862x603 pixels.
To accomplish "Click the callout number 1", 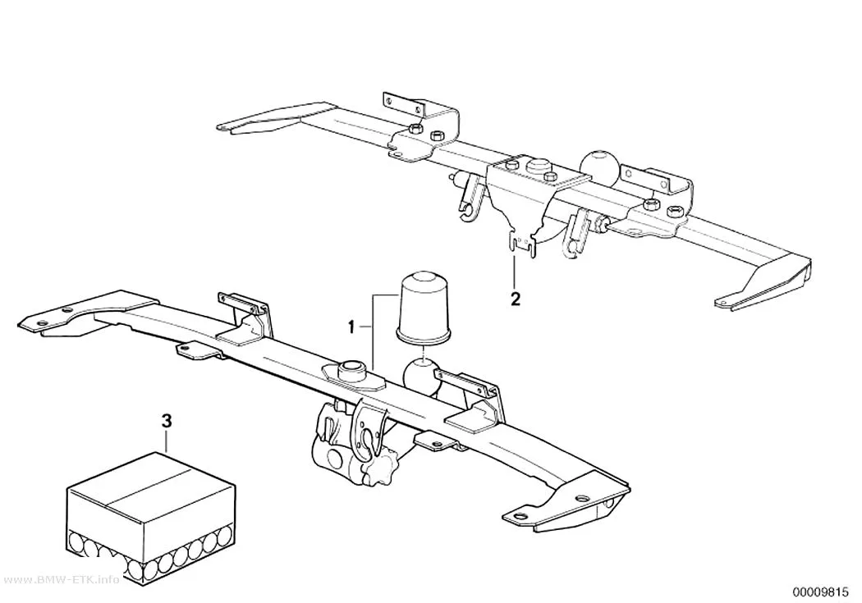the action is pos(351,328).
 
